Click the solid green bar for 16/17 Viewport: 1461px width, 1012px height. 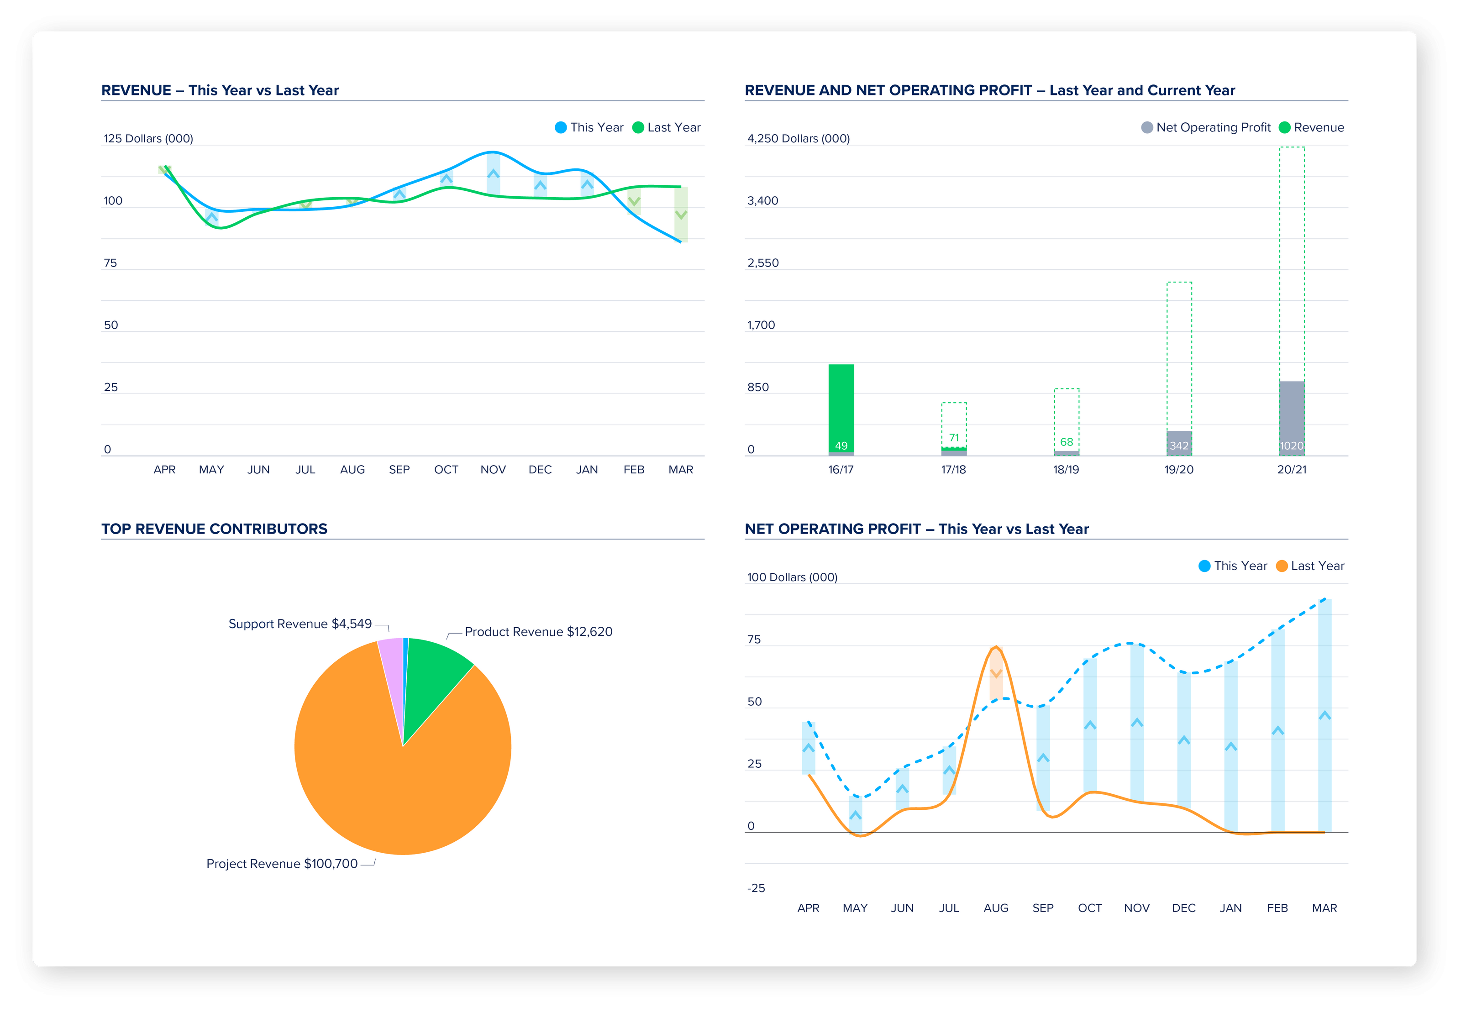pyautogui.click(x=841, y=406)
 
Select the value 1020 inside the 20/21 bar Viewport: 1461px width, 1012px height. pyautogui.click(x=1292, y=446)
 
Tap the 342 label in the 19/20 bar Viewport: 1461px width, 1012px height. pyautogui.click(x=1179, y=446)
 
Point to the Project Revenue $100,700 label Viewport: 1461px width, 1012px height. pyautogui.click(x=282, y=864)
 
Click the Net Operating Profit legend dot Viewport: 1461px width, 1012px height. pyautogui.click(x=1146, y=127)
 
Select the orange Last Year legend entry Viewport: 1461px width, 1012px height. pyautogui.click(x=1310, y=566)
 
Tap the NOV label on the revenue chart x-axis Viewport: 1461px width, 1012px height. pyautogui.click(x=493, y=470)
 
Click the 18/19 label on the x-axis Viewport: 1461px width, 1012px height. pyautogui.click(x=1066, y=470)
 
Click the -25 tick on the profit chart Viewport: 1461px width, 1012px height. pyautogui.click(x=756, y=888)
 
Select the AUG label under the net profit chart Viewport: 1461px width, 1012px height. pyautogui.click(x=996, y=908)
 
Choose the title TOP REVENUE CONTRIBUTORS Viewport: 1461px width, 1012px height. pyautogui.click(x=214, y=529)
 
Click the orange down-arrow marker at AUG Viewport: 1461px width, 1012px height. pyautogui.click(x=996, y=673)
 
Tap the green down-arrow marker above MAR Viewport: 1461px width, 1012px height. pyautogui.click(x=680, y=215)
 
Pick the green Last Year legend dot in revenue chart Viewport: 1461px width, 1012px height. pyautogui.click(x=638, y=127)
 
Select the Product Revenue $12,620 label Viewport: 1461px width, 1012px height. pyautogui.click(x=538, y=632)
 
